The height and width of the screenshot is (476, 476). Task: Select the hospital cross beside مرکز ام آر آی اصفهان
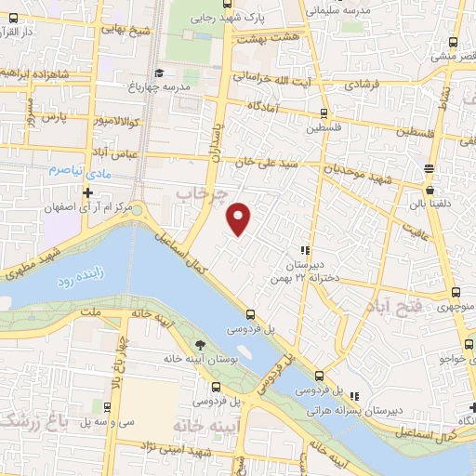point(87,193)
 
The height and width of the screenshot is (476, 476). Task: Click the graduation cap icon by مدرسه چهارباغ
point(159,73)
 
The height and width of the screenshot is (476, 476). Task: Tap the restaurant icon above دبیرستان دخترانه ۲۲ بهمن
point(304,249)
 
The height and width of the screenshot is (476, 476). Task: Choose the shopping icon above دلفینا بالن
point(429,169)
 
